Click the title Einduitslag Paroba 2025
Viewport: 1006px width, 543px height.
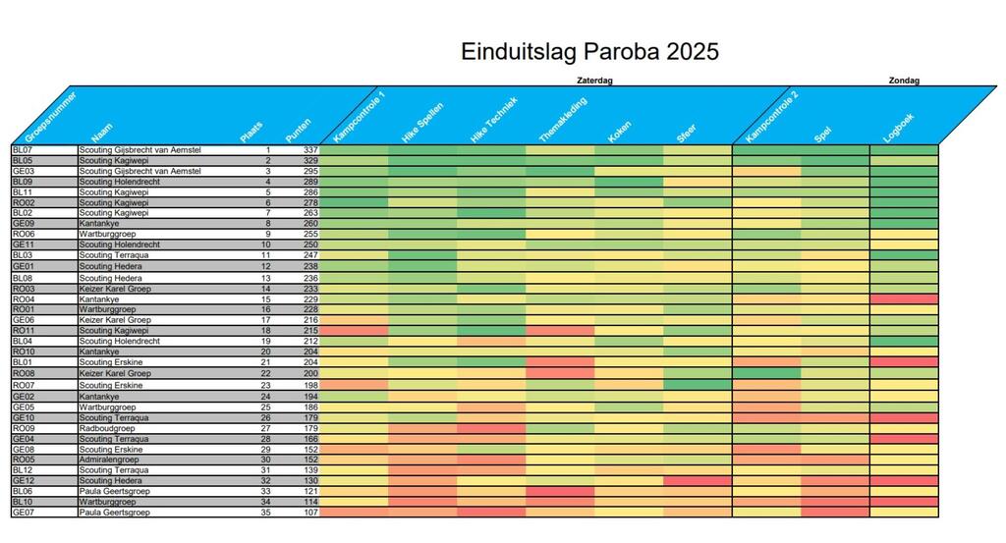coord(589,51)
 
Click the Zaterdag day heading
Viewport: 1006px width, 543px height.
coord(593,81)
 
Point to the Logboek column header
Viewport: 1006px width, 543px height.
coord(899,129)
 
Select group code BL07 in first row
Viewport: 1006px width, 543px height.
coord(23,150)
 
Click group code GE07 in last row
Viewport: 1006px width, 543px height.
coord(23,512)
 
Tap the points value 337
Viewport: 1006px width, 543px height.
coord(311,150)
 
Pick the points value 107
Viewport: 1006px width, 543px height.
coord(311,512)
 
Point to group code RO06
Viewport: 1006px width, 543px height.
coord(24,235)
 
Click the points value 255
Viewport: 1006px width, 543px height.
coord(311,235)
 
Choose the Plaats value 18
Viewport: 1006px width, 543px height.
coord(265,331)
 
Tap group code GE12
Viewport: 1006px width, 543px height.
coord(23,480)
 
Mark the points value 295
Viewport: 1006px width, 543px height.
coord(311,171)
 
